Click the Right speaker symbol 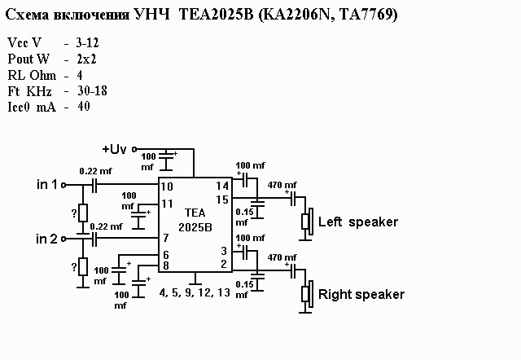[x=307, y=294]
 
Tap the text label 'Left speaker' [x=358, y=222]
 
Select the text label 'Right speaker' [x=361, y=294]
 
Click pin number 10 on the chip [x=167, y=187]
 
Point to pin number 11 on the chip [x=167, y=203]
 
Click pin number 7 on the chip [x=165, y=238]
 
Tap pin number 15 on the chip [x=221, y=200]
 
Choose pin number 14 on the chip [x=221, y=187]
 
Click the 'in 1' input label [x=47, y=185]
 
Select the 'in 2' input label [x=47, y=239]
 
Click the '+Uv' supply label [x=114, y=149]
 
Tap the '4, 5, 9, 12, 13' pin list [x=195, y=291]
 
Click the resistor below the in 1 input [x=82, y=213]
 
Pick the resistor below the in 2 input [x=82, y=266]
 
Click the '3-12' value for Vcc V [x=87, y=41]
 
